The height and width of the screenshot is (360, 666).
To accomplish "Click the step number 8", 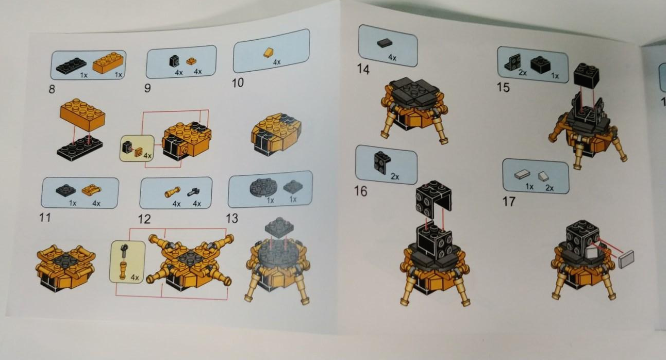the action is tap(52, 89).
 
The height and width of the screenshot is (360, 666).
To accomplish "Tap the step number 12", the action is tap(144, 219).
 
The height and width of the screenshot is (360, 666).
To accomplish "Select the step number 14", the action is tap(363, 69).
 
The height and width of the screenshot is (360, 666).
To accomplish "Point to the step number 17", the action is tap(509, 202).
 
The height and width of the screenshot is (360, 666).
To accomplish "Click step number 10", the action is tap(238, 83).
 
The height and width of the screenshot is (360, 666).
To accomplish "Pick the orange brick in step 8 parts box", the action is tap(108, 62).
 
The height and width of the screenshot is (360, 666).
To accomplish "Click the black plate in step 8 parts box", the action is tap(71, 66).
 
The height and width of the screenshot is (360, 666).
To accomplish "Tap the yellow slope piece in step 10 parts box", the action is tap(269, 53).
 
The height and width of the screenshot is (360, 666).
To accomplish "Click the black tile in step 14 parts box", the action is tap(385, 43).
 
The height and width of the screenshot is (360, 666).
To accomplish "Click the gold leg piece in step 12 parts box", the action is tap(173, 192).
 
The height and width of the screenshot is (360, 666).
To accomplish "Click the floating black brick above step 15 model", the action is tap(586, 76).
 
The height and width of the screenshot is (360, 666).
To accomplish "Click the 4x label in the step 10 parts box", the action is tap(276, 62).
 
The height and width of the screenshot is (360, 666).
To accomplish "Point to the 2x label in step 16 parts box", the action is tap(395, 176).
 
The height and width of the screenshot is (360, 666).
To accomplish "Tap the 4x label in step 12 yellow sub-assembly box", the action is tap(135, 277).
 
